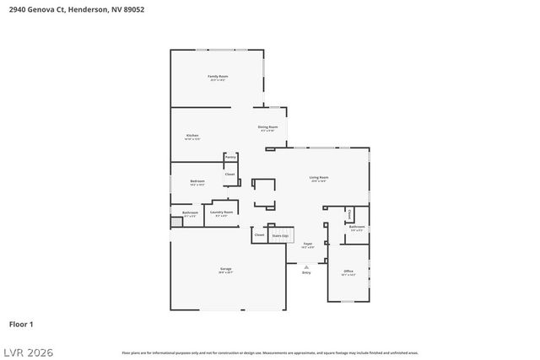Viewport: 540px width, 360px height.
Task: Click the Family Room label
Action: (x=219, y=77)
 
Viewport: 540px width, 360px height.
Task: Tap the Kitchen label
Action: (x=192, y=135)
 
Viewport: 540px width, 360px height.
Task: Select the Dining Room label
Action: (x=268, y=126)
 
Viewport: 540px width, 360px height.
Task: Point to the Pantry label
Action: (x=230, y=157)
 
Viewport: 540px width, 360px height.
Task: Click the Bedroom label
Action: (x=197, y=181)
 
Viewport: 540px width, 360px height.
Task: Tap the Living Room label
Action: (x=319, y=177)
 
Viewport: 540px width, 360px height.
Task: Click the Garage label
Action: (x=226, y=268)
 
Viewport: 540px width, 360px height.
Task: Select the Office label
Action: (x=348, y=271)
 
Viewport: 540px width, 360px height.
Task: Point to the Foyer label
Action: (x=308, y=244)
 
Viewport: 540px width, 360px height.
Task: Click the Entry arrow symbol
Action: (x=306, y=266)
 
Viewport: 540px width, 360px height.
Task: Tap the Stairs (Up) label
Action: (x=280, y=236)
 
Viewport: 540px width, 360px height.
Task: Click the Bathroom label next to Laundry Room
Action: (x=190, y=212)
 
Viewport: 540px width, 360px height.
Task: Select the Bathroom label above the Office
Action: (x=358, y=226)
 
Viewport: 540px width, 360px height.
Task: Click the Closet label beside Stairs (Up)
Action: (x=259, y=234)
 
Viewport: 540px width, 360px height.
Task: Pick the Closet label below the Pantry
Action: (x=229, y=175)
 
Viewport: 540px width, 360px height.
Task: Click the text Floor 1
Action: (x=20, y=324)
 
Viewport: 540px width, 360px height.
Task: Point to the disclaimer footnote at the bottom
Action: (x=269, y=352)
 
